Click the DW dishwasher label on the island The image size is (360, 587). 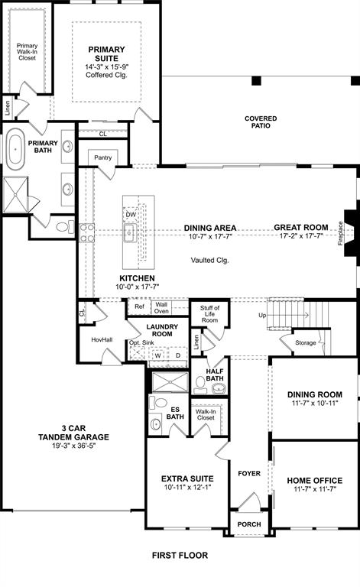(x=131, y=215)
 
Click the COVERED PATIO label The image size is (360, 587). (x=261, y=122)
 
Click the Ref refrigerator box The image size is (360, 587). (x=139, y=307)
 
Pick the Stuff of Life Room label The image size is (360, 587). (x=209, y=313)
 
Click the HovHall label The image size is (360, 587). (x=102, y=339)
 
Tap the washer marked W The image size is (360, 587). (x=158, y=355)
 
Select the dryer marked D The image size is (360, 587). (x=177, y=355)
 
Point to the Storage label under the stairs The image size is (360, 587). (x=306, y=342)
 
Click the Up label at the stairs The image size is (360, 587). (x=263, y=315)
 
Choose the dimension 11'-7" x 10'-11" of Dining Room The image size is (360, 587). (x=314, y=404)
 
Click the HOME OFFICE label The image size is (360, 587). (x=314, y=481)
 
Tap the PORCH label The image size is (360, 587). (x=248, y=524)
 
